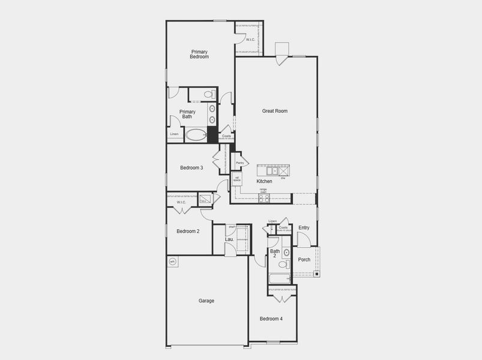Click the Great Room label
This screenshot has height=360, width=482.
(x=274, y=111)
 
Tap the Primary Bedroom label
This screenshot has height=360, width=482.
(x=199, y=54)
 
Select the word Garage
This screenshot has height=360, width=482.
(x=206, y=301)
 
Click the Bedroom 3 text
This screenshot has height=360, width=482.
(x=191, y=168)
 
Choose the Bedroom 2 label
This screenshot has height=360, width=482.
(x=188, y=231)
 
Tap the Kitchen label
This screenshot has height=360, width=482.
(x=264, y=181)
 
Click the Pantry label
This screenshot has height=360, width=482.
(x=239, y=163)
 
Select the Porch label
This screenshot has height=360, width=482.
(x=304, y=260)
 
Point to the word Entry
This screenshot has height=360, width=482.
(x=304, y=227)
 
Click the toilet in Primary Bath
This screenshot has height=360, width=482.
(x=208, y=94)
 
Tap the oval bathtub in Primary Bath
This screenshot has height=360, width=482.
(x=196, y=134)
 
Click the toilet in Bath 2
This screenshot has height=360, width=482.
(x=283, y=265)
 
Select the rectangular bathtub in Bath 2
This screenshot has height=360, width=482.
(x=279, y=278)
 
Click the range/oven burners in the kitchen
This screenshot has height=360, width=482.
(x=264, y=197)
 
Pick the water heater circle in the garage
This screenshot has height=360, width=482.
(x=172, y=261)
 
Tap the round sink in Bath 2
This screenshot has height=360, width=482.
(x=286, y=253)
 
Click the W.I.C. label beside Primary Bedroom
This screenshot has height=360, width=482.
(x=250, y=40)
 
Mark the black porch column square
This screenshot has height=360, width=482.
(x=316, y=274)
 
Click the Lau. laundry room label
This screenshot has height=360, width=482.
(x=229, y=239)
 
